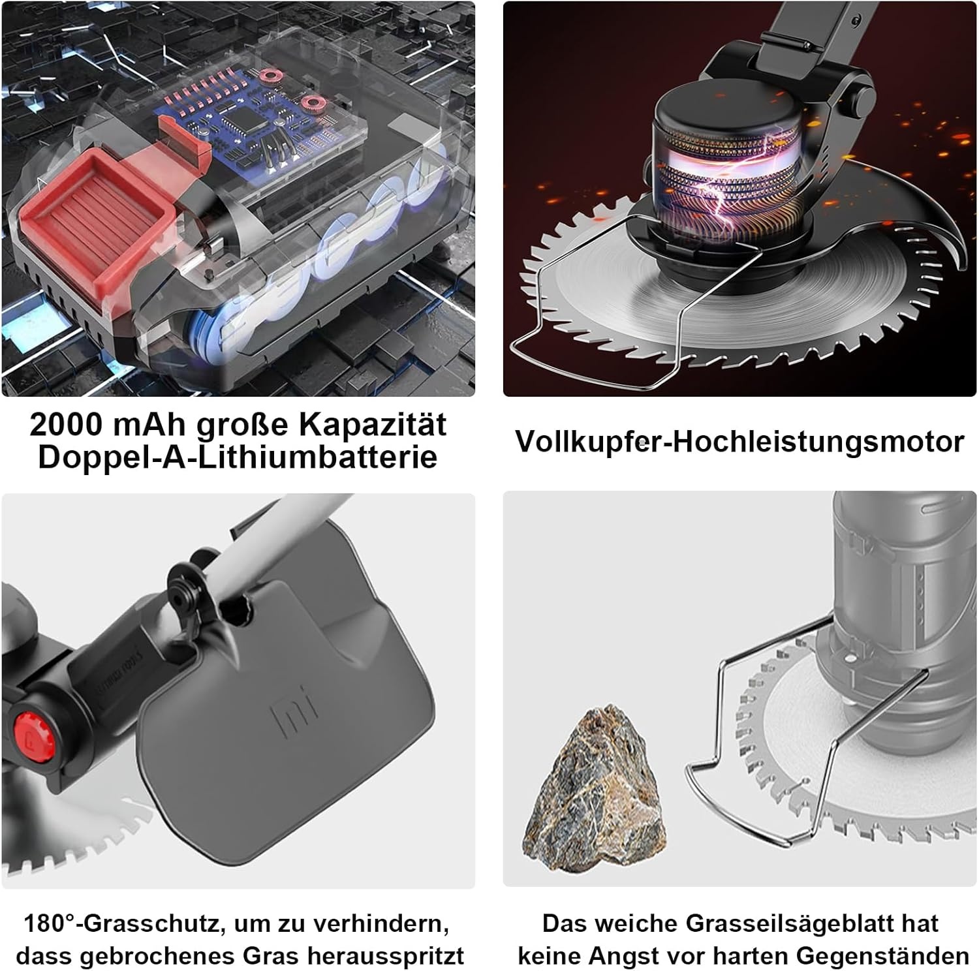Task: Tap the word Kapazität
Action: (373, 425)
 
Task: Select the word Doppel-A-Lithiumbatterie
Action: (238, 457)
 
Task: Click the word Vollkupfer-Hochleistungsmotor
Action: (739, 441)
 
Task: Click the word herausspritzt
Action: (386, 956)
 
